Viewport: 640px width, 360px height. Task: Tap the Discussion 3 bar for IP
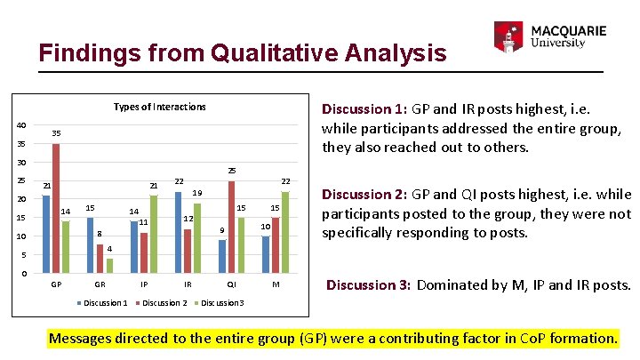click(153, 234)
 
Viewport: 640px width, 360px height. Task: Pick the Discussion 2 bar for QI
click(232, 227)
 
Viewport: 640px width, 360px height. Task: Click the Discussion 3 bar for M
click(284, 232)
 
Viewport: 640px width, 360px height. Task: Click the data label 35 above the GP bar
click(56, 133)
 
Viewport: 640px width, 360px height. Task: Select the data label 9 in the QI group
click(222, 231)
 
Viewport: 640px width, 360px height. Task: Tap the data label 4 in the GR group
click(109, 249)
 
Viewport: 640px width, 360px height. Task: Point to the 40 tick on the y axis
click(20, 125)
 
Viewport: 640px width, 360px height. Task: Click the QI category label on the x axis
click(232, 284)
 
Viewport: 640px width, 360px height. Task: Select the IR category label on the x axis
click(188, 284)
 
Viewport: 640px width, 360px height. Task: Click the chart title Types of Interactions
click(160, 107)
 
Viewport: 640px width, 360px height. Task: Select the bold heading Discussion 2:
click(363, 195)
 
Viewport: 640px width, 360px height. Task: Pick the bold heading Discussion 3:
click(368, 285)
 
